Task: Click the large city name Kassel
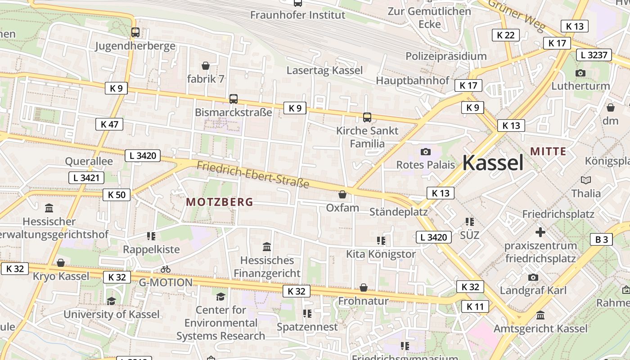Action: coord(493,162)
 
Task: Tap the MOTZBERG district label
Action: coord(220,202)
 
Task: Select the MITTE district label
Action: coord(548,151)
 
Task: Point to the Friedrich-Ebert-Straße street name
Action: coord(253,175)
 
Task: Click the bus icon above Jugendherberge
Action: coord(135,32)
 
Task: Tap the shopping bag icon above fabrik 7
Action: coord(206,66)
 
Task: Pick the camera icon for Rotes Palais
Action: coord(425,152)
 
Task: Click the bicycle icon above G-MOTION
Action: coord(166,269)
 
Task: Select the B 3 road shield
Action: coord(601,239)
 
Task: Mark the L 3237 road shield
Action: coord(594,55)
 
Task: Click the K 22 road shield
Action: coord(505,35)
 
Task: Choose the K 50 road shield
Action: coord(117,195)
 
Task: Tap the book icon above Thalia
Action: coord(585,180)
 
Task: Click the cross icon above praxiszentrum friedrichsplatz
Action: coord(540,232)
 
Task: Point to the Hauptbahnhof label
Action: coord(412,81)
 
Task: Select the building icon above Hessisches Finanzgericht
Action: coord(267,247)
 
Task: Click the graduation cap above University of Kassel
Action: coord(111,301)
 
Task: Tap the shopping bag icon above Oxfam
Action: coord(342,194)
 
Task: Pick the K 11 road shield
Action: coord(475,307)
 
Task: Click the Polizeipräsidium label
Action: coord(446,56)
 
